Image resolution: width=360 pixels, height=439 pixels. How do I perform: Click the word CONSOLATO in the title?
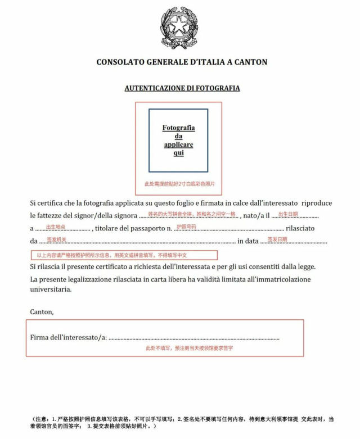(x=120, y=62)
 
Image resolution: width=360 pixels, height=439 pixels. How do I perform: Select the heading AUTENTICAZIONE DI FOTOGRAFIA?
(x=182, y=88)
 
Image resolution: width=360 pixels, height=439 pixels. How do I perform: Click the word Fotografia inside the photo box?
(x=178, y=128)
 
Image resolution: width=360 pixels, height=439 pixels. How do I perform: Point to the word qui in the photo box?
(x=178, y=153)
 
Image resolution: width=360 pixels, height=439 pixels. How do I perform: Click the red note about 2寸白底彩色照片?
(x=179, y=184)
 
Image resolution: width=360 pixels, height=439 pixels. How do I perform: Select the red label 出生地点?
(x=55, y=227)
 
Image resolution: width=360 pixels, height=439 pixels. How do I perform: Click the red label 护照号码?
(x=186, y=227)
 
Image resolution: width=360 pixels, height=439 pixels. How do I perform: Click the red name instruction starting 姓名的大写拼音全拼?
(x=192, y=214)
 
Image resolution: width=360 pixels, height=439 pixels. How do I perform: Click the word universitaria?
(x=51, y=290)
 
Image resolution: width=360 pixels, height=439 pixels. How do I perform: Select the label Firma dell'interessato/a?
(x=68, y=337)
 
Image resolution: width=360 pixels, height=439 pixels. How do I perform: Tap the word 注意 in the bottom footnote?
(x=43, y=419)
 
